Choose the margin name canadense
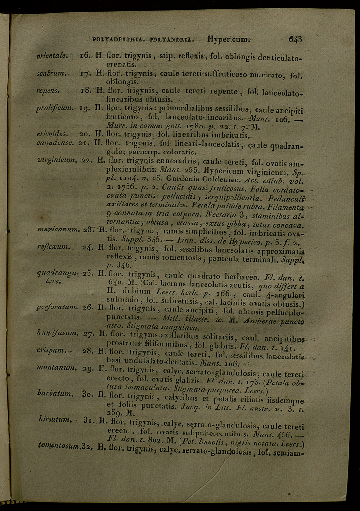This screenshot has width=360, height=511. click(x=55, y=142)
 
